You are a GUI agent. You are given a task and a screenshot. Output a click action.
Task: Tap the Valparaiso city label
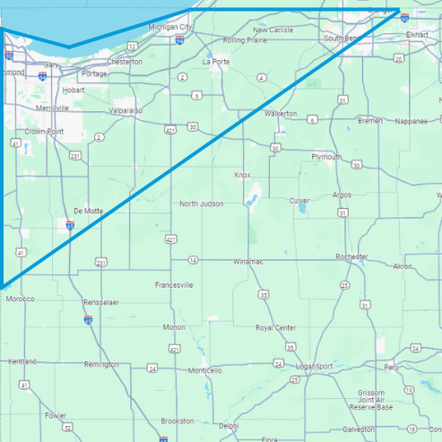coord(126,110)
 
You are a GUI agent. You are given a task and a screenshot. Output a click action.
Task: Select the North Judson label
coord(201,204)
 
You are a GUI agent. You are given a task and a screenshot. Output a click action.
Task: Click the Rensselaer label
coord(100,302)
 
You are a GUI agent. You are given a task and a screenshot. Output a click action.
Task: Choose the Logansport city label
coord(314,367)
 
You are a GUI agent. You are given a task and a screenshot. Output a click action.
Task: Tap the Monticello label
coord(204,370)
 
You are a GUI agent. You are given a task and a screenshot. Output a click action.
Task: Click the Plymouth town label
coord(325,157)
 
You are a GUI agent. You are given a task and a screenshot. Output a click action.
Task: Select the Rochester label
coord(351,256)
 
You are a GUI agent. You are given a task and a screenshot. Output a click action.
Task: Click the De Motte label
coord(89,211)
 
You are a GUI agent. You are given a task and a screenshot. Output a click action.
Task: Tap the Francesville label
coord(174,285)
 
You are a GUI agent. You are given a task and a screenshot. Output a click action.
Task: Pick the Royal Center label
coord(275,328)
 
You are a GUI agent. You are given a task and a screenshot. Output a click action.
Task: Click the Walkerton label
coord(281,114)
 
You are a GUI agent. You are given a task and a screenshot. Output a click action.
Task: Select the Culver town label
coord(299,201)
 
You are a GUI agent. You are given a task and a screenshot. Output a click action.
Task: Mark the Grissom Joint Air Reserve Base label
coord(371,400)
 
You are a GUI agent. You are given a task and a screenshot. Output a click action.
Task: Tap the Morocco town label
coord(20,299)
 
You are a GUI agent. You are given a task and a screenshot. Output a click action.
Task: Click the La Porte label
coord(216,62)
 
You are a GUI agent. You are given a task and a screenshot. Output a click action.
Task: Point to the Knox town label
coord(242,175)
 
